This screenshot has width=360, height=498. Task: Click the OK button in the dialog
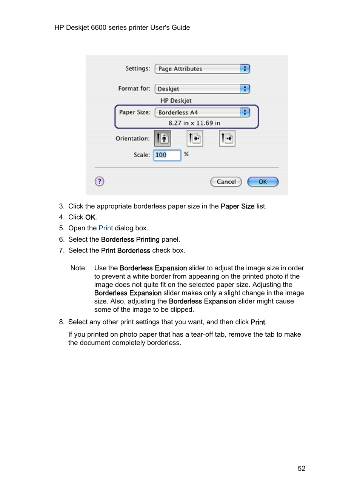[263, 182]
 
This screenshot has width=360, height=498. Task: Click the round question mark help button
[99, 181]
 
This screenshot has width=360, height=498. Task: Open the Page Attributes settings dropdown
[202, 69]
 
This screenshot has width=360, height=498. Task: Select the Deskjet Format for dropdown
[202, 89]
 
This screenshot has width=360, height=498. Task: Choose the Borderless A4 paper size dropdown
[202, 112]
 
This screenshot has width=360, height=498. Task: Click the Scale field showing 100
[167, 155]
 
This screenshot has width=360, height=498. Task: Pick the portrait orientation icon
[163, 138]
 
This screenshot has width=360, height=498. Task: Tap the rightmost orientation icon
[227, 138]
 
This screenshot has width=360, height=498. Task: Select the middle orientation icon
[195, 138]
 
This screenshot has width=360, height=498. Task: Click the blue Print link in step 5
[106, 228]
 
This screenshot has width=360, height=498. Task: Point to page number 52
[302, 469]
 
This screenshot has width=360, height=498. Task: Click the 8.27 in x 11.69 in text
[194, 123]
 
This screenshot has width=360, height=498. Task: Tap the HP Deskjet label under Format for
[176, 101]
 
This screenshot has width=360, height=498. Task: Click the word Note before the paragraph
[78, 268]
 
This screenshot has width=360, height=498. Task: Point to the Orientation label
[132, 139]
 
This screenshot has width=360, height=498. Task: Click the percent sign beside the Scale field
[186, 154]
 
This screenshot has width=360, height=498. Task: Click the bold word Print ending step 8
[258, 322]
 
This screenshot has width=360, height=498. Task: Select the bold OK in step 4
[90, 218]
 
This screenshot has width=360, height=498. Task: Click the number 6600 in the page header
[98, 28]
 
